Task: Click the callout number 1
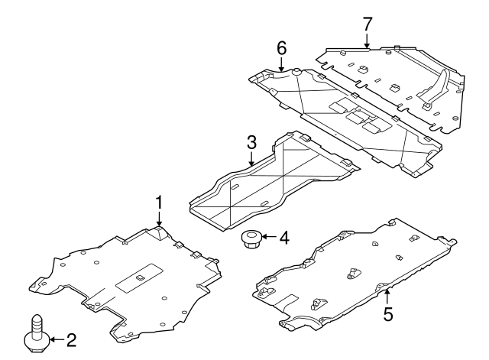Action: click(x=160, y=203)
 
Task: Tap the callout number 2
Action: click(x=71, y=339)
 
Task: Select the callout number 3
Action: click(x=251, y=142)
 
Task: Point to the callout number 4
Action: click(x=283, y=238)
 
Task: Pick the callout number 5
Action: click(x=388, y=313)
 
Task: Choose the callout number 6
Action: click(x=281, y=48)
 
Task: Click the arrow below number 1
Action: click(x=160, y=219)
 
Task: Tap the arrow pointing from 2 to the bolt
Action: click(x=55, y=339)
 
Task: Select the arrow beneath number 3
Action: click(x=251, y=158)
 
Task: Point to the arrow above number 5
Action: click(x=388, y=294)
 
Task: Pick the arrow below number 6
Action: click(x=281, y=65)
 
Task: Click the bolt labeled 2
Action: click(x=37, y=335)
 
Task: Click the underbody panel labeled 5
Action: click(x=351, y=275)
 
